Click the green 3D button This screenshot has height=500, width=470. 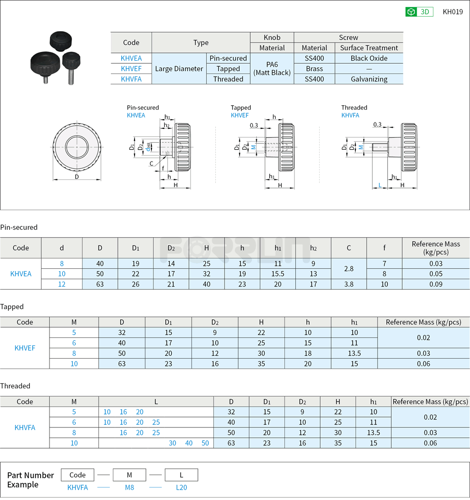(x=419, y=12)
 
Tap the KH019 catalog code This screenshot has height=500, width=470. (x=453, y=12)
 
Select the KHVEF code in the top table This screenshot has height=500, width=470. (x=131, y=69)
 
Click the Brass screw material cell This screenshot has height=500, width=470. (x=314, y=69)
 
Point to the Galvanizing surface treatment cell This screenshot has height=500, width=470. (x=369, y=79)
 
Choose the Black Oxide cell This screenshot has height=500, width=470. (x=369, y=58)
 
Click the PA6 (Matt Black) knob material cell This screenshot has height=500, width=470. (x=272, y=69)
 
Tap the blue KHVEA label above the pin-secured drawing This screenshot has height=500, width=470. (x=136, y=115)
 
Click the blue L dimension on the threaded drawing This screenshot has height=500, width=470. (x=380, y=185)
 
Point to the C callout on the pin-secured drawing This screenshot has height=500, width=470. (x=151, y=164)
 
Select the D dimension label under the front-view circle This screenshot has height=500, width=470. (x=77, y=176)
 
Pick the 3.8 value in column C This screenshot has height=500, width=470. (x=349, y=284)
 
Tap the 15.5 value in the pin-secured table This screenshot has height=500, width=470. (x=278, y=274)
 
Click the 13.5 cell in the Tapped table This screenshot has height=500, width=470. (x=355, y=353)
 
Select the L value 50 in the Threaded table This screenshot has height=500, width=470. (x=205, y=443)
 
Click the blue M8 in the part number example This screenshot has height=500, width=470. (x=129, y=487)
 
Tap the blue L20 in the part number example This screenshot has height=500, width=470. (x=182, y=487)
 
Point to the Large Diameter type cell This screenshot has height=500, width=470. (x=179, y=69)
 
